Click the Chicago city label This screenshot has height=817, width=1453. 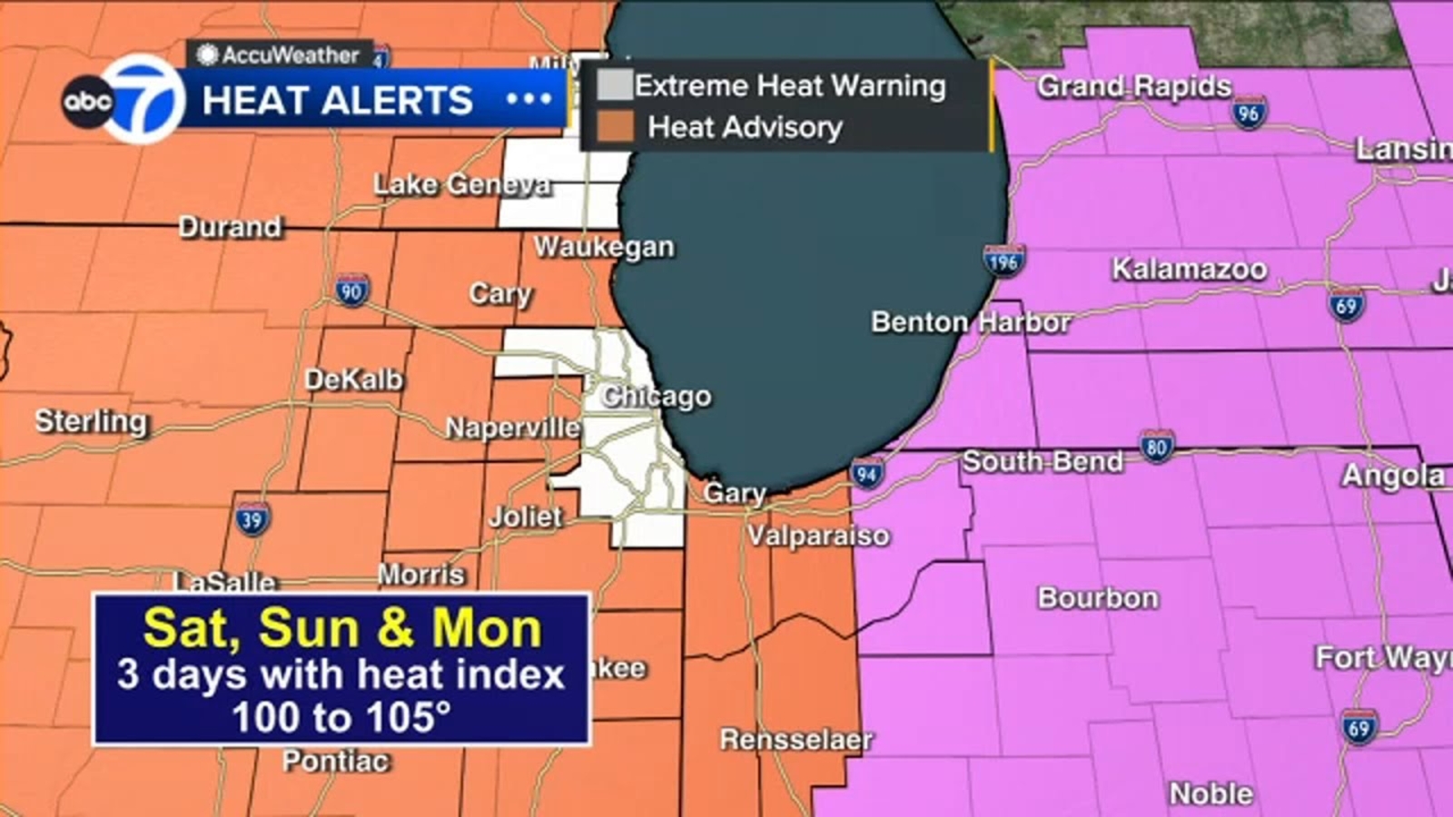coord(656,397)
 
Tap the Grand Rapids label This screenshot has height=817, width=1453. coord(1133,86)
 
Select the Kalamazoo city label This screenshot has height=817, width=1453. coord(1189,269)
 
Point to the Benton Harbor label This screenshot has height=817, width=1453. coord(971,322)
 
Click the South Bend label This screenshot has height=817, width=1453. coord(1042,462)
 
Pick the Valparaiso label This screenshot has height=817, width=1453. coord(818,536)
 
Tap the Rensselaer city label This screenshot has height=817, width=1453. coord(796,740)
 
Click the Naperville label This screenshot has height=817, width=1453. coord(512,428)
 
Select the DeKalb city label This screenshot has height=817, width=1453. coord(353,379)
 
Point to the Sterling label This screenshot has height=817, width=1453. coord(91,421)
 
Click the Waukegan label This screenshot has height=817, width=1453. coord(604,247)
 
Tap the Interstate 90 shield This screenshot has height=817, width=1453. coord(351,290)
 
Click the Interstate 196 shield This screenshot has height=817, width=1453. coord(1003,261)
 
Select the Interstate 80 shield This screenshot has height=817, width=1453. coord(1156,447)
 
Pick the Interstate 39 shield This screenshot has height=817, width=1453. coord(252,519)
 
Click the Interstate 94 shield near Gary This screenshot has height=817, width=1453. coord(866,472)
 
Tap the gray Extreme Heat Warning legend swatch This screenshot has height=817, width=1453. coord(614,85)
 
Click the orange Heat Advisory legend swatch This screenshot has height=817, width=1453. coord(615,127)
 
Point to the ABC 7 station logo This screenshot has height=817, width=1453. coord(124,100)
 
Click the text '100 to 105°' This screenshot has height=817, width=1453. coord(341,717)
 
